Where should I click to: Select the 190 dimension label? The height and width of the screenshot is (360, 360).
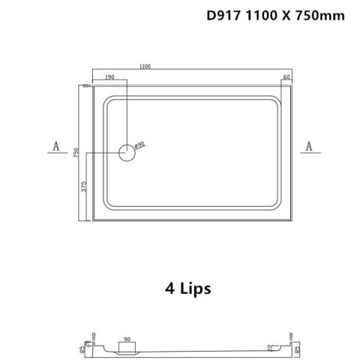[110, 76]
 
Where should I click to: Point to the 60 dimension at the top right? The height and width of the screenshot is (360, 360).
[286, 76]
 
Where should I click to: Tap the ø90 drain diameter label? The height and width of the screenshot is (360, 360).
[139, 144]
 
